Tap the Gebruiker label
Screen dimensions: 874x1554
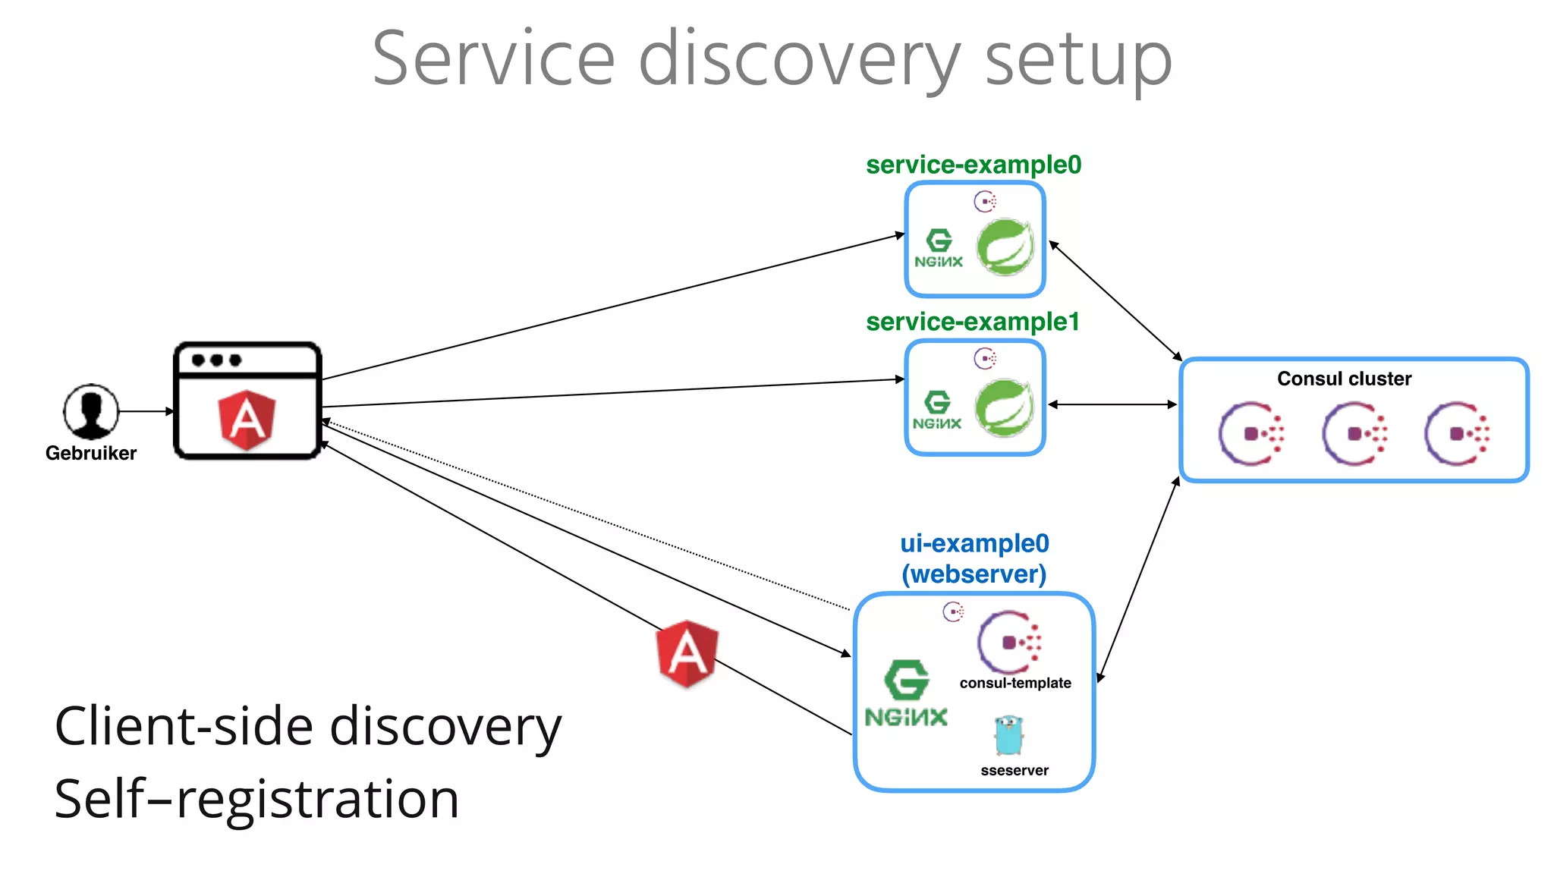91,453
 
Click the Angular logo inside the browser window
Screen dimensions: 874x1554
247,420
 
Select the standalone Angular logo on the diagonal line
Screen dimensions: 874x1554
687,653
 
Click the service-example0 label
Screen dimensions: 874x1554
974,165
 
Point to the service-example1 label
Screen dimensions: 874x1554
973,322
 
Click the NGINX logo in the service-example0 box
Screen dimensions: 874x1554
939,249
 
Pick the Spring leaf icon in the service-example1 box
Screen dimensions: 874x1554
1005,407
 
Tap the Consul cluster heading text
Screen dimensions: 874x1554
1344,379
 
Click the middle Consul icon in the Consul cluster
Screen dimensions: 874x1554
1354,434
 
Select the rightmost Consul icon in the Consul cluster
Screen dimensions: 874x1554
1457,434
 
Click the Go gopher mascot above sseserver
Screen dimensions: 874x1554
1009,734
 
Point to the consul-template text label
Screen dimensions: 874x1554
1015,683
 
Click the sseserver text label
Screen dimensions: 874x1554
1015,771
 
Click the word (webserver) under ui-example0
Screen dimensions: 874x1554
974,574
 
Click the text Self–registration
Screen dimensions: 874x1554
256,799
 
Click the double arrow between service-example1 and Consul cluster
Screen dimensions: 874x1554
1112,404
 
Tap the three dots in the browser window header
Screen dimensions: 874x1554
216,360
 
